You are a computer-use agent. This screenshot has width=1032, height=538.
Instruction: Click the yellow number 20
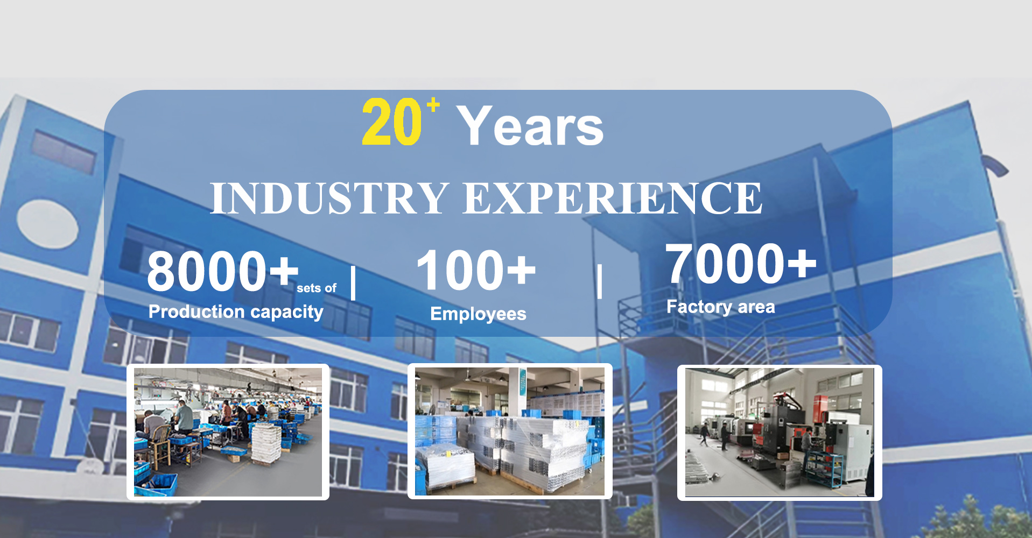[392, 122]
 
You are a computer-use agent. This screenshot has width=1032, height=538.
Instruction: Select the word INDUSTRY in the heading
[329, 198]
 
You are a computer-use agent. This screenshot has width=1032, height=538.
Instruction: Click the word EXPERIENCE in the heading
[613, 198]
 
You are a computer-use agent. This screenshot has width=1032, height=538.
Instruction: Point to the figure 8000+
[223, 271]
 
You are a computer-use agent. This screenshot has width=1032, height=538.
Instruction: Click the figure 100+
[476, 270]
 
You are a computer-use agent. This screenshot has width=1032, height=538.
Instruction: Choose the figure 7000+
[741, 263]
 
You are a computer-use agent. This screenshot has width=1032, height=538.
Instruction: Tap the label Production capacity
[236, 312]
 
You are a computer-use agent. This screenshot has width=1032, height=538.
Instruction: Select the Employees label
[478, 314]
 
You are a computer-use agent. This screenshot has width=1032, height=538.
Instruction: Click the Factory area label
[721, 307]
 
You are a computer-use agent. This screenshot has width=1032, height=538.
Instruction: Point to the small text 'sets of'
[317, 288]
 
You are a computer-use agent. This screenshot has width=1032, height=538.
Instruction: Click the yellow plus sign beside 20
[433, 104]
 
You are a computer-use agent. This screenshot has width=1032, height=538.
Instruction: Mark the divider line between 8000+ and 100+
[353, 283]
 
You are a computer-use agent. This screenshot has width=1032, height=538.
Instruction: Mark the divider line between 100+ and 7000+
[600, 281]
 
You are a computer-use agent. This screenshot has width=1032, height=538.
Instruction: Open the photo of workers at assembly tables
[228, 432]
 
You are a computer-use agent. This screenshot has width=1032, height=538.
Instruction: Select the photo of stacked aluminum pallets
[510, 431]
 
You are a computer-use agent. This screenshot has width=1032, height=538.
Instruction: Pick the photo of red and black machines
[780, 433]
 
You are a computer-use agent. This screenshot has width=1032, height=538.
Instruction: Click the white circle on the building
[48, 224]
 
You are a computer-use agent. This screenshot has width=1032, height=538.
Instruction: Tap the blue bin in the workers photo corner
[156, 484]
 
